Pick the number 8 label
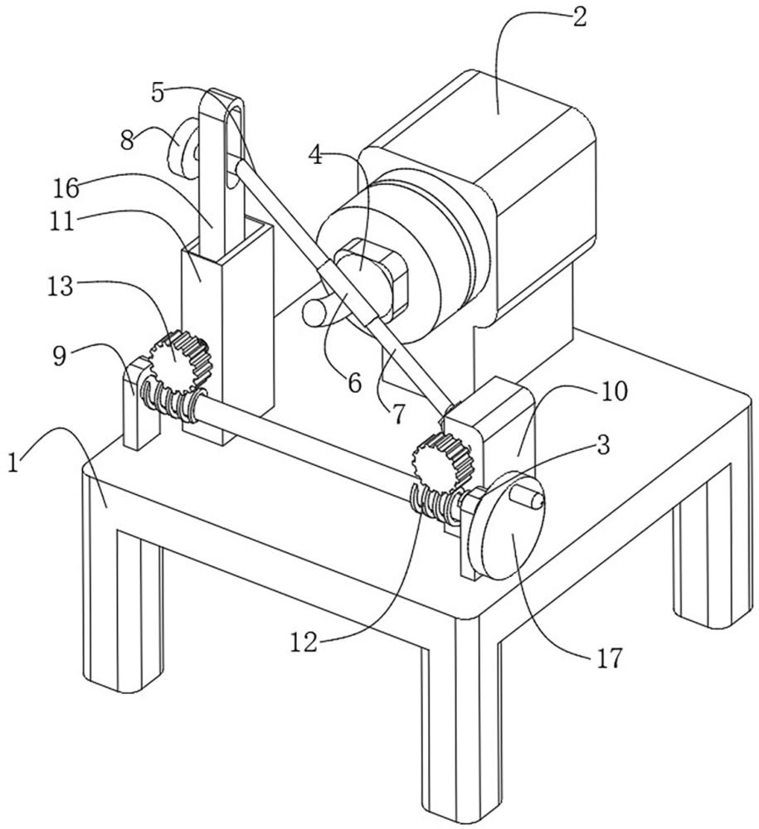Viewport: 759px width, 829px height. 126,139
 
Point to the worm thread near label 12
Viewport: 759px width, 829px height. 431,502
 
